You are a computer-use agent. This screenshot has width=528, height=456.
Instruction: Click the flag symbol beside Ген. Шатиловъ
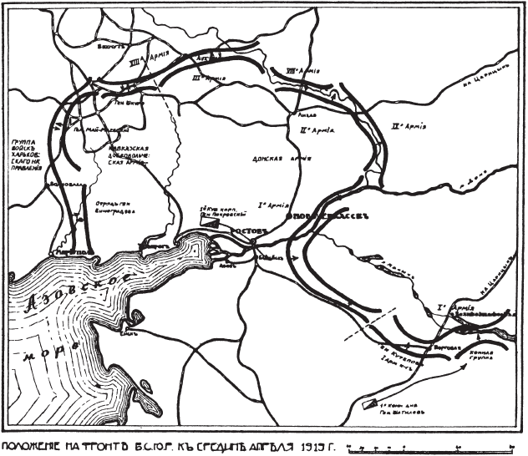pyautogui.click(x=369, y=404)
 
